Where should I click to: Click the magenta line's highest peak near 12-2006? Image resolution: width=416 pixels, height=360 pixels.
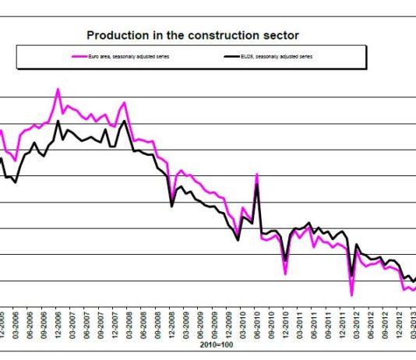pyautogui.click(x=58, y=89)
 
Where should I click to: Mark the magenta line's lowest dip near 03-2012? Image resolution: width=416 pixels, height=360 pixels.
pyautogui.click(x=352, y=295)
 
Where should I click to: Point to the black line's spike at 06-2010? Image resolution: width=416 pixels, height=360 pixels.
pyautogui.click(x=256, y=184)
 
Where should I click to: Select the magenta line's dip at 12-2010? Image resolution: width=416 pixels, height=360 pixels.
pyautogui.click(x=286, y=274)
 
